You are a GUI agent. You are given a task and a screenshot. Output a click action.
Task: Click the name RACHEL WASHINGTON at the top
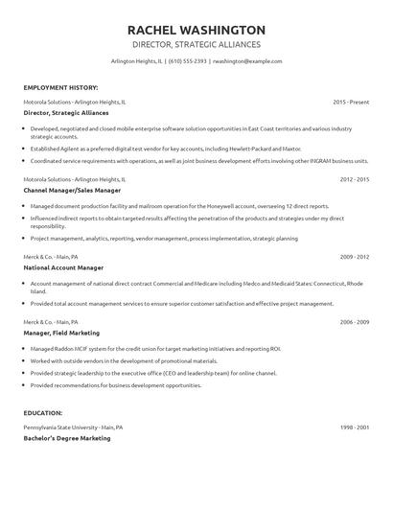(x=196, y=30)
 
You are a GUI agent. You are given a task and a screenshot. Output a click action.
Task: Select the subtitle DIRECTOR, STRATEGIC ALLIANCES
(x=196, y=45)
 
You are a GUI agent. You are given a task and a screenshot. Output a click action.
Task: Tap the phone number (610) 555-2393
(x=188, y=61)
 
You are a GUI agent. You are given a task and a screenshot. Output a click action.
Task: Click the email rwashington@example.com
(x=247, y=61)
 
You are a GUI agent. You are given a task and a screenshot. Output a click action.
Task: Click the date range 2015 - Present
(x=351, y=102)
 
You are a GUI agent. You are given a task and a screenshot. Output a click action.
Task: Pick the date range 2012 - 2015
(x=355, y=179)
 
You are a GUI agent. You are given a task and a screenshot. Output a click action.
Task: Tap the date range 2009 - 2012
(x=355, y=257)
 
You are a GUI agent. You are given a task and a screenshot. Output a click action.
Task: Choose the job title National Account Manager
(x=63, y=268)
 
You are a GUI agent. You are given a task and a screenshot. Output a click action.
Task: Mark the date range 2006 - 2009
(x=355, y=321)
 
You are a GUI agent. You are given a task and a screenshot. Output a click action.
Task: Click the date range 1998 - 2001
(x=355, y=427)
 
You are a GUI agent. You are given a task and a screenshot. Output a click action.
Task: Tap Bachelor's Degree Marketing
(x=67, y=438)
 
